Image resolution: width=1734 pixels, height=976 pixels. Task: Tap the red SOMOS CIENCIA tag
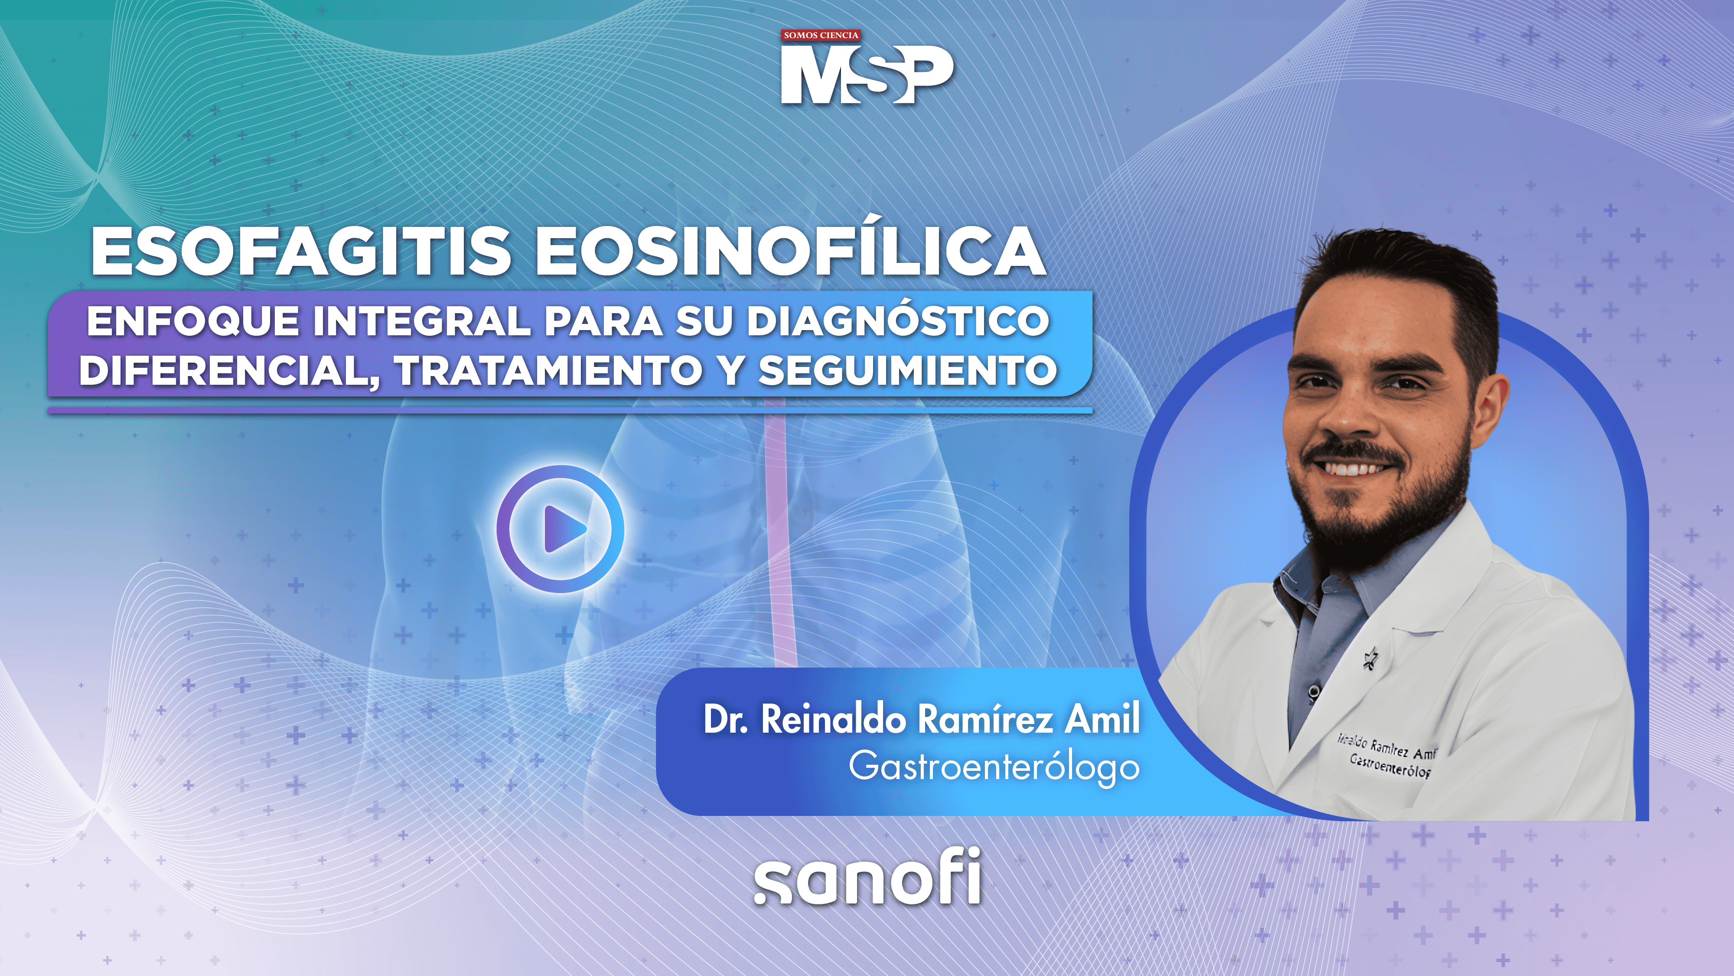point(821,36)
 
